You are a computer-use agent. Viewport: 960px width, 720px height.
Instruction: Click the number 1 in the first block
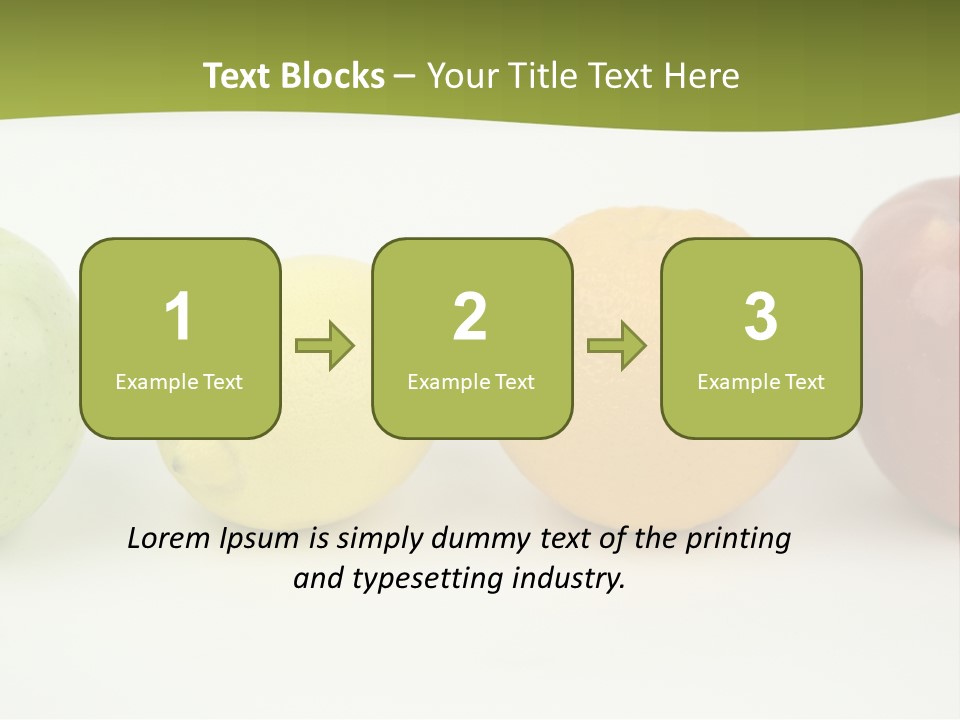point(178,318)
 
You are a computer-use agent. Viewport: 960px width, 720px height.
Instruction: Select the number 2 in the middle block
point(470,318)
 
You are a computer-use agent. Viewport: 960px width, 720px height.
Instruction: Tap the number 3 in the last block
point(761,318)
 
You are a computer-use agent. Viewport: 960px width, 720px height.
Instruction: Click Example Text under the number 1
point(179,382)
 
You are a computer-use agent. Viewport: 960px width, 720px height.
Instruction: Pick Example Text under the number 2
point(471,382)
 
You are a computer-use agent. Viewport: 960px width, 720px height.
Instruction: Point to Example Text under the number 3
point(761,382)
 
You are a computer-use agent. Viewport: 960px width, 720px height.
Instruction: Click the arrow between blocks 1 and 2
point(326,346)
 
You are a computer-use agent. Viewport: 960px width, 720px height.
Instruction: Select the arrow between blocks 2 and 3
point(617,346)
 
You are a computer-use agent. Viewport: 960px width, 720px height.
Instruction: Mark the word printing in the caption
point(738,540)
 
